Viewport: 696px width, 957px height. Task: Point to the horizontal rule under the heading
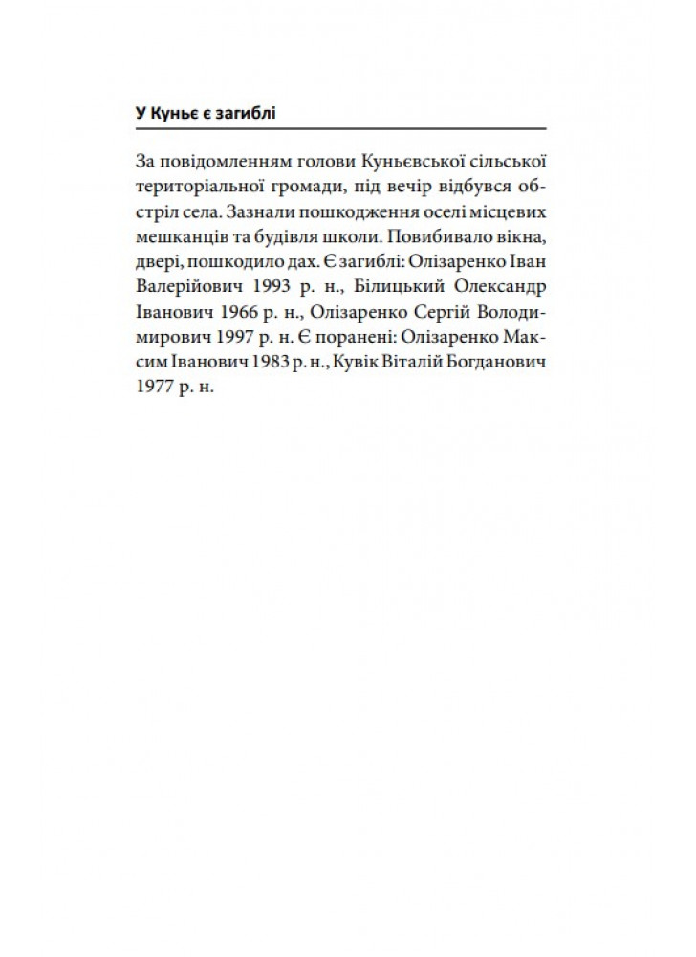pos(340,128)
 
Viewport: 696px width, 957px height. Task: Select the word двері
pos(158,259)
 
